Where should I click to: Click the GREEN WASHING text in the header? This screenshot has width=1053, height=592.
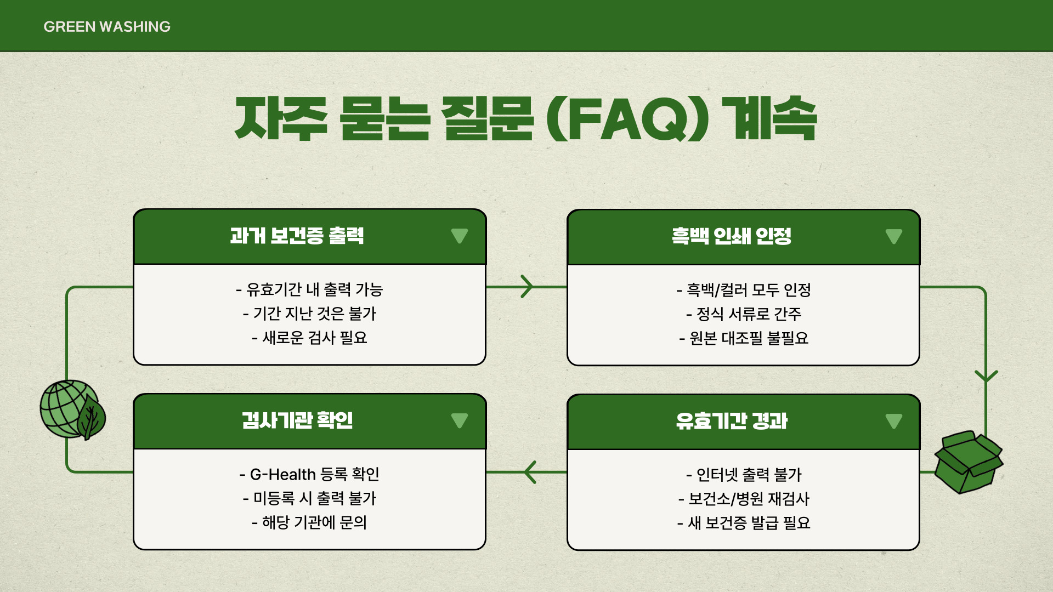point(107,26)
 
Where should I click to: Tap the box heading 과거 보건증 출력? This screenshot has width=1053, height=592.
point(297,236)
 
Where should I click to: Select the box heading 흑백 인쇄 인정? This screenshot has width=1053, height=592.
point(731,236)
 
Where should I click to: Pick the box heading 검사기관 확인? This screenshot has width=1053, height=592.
point(297,421)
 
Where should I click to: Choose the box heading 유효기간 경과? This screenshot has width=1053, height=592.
point(731,421)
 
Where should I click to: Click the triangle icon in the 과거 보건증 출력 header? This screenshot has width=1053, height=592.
point(460,236)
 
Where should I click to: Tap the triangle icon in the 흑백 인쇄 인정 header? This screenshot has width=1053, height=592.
point(893,236)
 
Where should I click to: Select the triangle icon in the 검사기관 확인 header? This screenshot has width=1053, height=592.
point(460,421)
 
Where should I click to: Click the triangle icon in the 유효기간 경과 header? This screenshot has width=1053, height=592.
point(893,421)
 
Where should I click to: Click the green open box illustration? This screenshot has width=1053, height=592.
point(968,462)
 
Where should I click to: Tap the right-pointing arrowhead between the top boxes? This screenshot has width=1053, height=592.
point(527,287)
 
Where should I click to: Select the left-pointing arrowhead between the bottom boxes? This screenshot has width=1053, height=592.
point(530,472)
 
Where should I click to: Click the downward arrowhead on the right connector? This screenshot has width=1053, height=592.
point(986,376)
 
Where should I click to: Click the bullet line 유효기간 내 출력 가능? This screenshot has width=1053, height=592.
point(309,289)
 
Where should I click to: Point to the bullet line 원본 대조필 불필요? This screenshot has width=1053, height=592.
point(744,338)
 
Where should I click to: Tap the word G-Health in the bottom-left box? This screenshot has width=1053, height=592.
point(282,474)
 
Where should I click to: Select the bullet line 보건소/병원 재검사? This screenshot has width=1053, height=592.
point(744,499)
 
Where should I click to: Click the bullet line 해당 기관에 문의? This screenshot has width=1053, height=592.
point(309,522)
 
